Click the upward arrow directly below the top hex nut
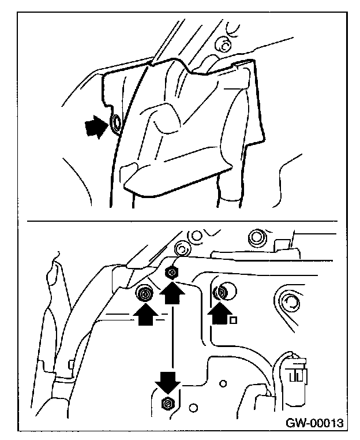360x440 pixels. point(172,295)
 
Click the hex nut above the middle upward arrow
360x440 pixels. point(171,273)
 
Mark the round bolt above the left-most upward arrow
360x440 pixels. point(144,294)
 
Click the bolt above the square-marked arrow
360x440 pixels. point(222,292)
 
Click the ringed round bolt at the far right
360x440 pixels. point(288,300)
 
